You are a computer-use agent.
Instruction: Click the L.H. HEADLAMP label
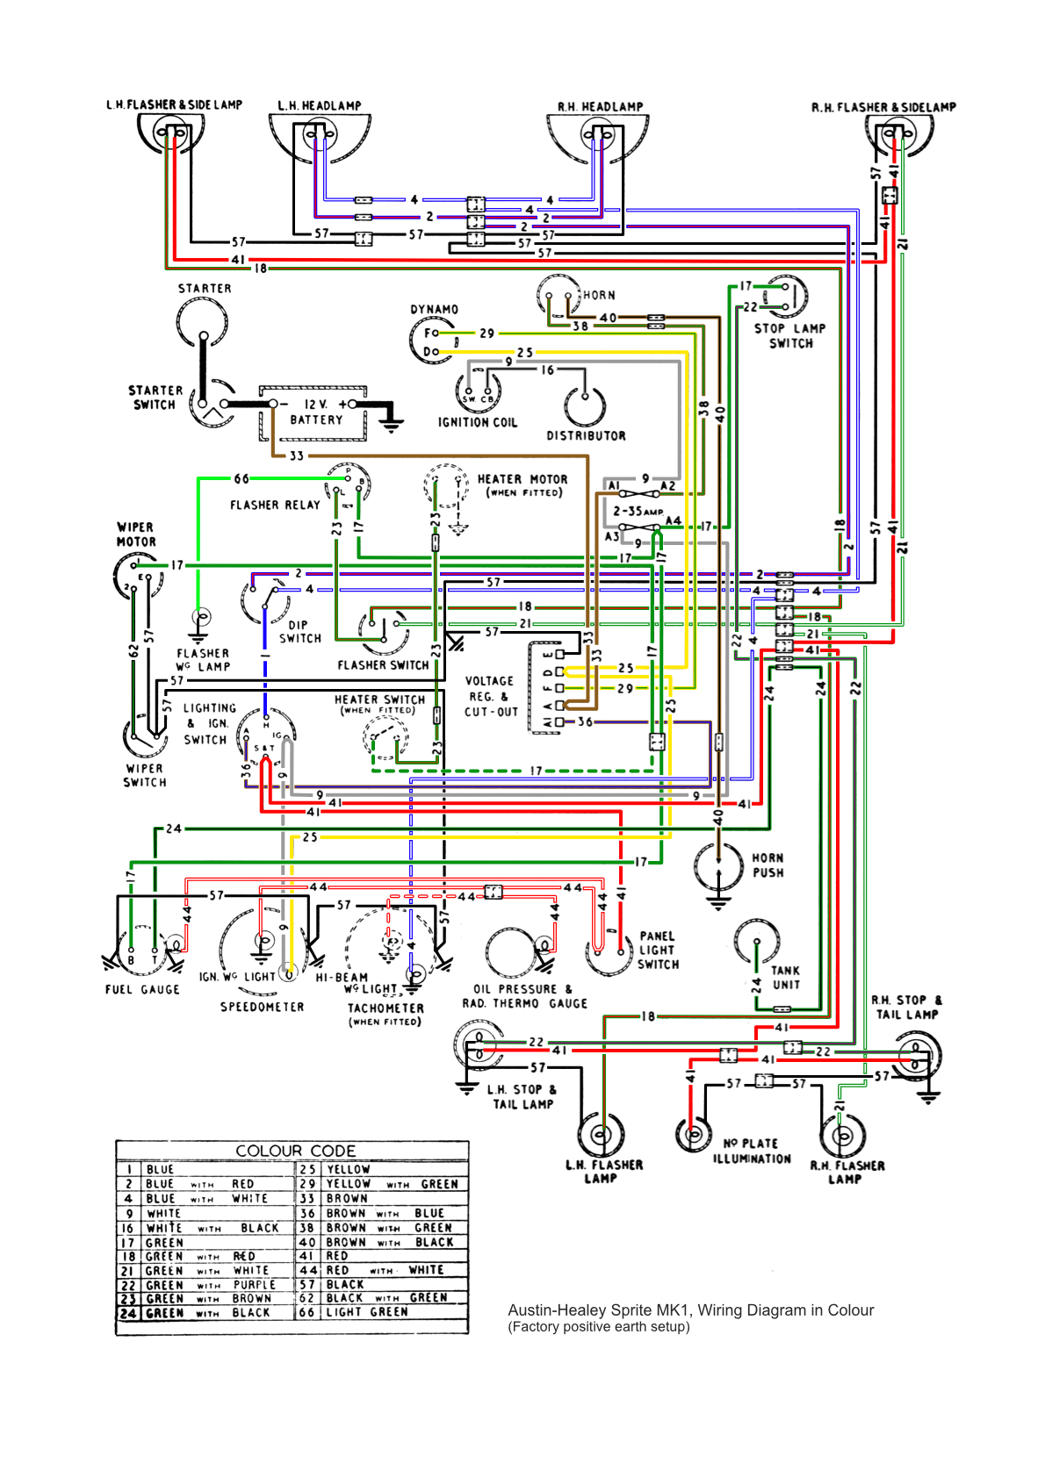click(x=320, y=105)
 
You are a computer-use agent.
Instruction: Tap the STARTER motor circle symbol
click(x=203, y=323)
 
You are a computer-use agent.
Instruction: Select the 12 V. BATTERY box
click(x=314, y=413)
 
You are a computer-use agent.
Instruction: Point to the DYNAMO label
click(x=434, y=309)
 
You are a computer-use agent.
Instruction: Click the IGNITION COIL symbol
click(x=479, y=390)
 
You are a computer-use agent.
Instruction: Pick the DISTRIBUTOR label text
click(x=586, y=435)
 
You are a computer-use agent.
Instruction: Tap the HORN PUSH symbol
click(x=719, y=865)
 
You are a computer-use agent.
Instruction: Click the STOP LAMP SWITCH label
click(x=789, y=335)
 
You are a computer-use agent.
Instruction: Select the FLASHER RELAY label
click(x=275, y=505)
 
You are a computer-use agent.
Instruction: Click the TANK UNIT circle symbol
click(x=757, y=942)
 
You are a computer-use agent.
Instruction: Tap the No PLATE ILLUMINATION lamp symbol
click(x=694, y=1133)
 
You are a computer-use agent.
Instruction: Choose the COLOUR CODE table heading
click(x=295, y=1151)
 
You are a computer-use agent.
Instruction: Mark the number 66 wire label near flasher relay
click(x=241, y=478)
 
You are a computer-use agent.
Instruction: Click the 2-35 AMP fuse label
click(x=638, y=510)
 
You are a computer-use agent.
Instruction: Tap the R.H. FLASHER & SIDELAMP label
click(x=883, y=107)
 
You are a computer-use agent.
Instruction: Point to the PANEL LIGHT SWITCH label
click(x=658, y=950)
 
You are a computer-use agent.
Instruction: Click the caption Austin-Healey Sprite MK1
click(x=690, y=1310)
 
